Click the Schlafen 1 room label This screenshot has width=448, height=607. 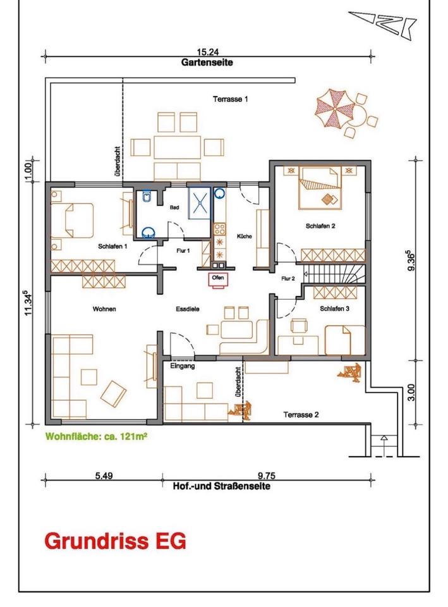pyautogui.click(x=112, y=246)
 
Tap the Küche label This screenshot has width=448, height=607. pyautogui.click(x=245, y=236)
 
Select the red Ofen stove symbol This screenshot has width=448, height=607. pyautogui.click(x=218, y=279)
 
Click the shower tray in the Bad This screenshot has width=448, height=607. pyautogui.click(x=200, y=202)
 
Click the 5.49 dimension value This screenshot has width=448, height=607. pyautogui.click(x=104, y=475)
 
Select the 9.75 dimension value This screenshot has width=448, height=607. pyautogui.click(x=267, y=475)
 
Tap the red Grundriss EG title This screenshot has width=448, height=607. pyautogui.click(x=115, y=541)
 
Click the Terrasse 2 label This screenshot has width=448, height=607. pyautogui.click(x=301, y=415)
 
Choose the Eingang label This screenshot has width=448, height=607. pyautogui.click(x=183, y=366)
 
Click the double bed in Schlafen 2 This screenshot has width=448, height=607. pyautogui.click(x=321, y=188)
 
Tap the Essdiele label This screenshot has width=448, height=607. pyautogui.click(x=188, y=309)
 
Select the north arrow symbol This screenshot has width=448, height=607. pyautogui.click(x=382, y=23)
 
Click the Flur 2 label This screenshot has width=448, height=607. pyautogui.click(x=288, y=278)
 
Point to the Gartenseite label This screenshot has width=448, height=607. pyautogui.click(x=207, y=62)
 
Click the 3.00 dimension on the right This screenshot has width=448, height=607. pyautogui.click(x=411, y=392)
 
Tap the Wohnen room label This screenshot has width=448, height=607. pyautogui.click(x=104, y=309)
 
